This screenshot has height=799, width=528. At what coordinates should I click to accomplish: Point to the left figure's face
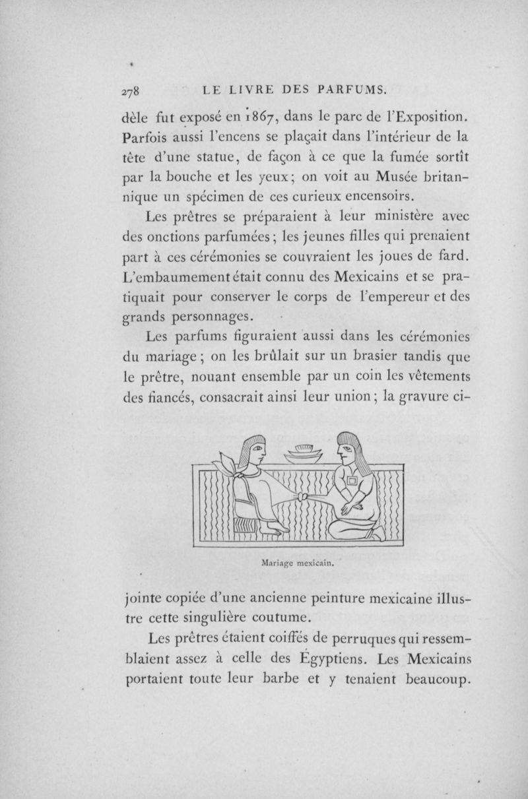(257, 452)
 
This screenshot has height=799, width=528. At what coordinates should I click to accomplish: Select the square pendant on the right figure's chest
(350, 482)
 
